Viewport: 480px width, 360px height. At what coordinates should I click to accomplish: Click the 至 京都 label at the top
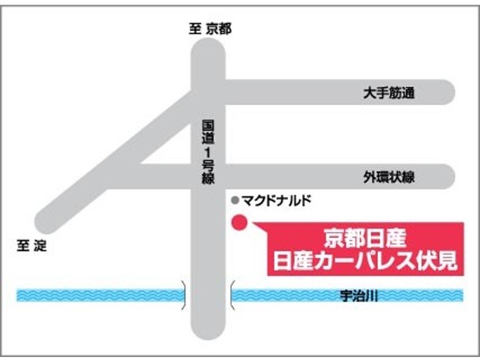coord(209,29)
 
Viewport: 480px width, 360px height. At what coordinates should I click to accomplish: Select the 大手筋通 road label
coord(388,94)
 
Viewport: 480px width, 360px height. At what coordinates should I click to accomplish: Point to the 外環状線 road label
coord(389,178)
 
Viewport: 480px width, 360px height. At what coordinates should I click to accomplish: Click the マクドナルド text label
coord(275,200)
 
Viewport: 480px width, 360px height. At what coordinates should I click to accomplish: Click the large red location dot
coord(239,223)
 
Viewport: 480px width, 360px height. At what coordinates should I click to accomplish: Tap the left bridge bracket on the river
coord(184,295)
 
